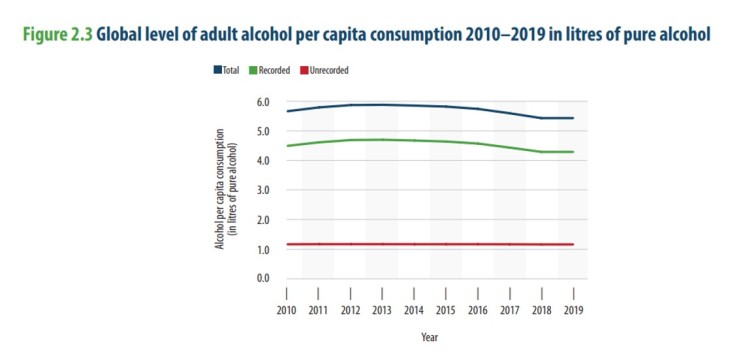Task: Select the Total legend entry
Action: point(226,70)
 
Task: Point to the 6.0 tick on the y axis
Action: point(264,102)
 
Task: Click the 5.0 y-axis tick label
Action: point(264,131)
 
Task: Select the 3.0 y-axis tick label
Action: point(264,190)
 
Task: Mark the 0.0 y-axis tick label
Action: point(264,278)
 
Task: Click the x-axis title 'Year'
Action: point(429,337)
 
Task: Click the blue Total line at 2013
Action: point(382,104)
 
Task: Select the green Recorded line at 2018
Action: point(542,151)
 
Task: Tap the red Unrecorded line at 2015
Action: point(446,244)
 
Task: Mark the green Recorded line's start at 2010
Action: point(286,146)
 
